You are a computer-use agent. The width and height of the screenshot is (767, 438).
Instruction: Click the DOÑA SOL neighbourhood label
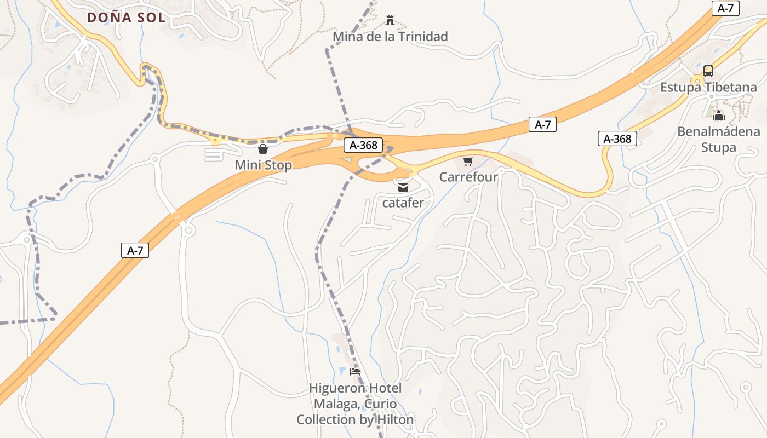pyautogui.click(x=126, y=17)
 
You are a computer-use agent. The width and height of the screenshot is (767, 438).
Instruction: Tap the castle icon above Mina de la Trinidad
pyautogui.click(x=390, y=20)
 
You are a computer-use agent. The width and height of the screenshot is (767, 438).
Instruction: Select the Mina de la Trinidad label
pyautogui.click(x=390, y=37)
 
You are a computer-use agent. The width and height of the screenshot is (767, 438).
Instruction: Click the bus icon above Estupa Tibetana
pyautogui.click(x=708, y=71)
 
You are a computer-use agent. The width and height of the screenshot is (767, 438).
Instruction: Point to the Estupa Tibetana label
pyautogui.click(x=708, y=87)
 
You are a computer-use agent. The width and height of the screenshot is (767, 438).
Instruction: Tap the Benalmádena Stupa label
pyautogui.click(x=718, y=139)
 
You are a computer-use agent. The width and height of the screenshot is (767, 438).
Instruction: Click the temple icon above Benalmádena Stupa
pyautogui.click(x=719, y=116)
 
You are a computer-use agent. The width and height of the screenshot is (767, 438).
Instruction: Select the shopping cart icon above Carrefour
pyautogui.click(x=468, y=161)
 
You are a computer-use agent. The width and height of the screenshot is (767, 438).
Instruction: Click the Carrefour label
pyautogui.click(x=468, y=177)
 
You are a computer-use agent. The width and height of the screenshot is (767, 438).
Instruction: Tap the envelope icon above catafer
pyautogui.click(x=403, y=187)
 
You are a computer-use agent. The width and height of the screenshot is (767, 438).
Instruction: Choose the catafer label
pyautogui.click(x=403, y=203)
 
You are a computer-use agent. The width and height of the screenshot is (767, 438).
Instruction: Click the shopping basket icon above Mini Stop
pyautogui.click(x=263, y=149)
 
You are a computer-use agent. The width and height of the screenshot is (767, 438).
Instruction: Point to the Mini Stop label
pyautogui.click(x=263, y=165)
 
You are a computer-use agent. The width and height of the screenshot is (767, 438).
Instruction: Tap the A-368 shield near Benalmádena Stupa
pyautogui.click(x=617, y=139)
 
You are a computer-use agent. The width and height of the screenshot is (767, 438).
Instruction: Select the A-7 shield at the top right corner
pyautogui.click(x=725, y=8)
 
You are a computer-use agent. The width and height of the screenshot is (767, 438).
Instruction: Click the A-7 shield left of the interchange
pyautogui.click(x=135, y=250)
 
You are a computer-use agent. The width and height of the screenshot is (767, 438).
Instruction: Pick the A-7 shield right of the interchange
pyautogui.click(x=542, y=124)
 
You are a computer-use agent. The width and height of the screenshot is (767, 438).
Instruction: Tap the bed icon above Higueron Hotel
pyautogui.click(x=355, y=372)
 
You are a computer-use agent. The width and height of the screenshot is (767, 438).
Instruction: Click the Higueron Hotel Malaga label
pyautogui.click(x=355, y=404)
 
